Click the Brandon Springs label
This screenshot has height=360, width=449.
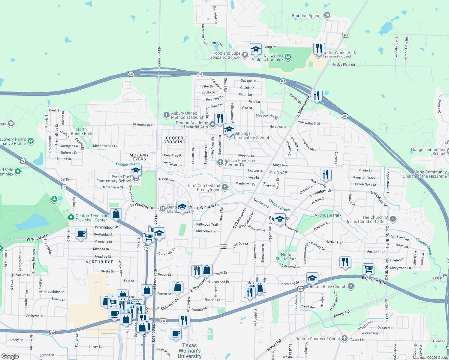point(307,16)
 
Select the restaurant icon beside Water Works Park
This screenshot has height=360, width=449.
point(319,49)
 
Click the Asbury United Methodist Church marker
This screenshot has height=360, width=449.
point(167,115)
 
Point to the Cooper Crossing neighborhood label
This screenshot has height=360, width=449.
point(174,140)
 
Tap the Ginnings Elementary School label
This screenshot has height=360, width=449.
point(252,136)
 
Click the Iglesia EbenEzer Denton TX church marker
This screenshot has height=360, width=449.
point(220,162)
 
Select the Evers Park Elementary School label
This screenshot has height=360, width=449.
point(114,179)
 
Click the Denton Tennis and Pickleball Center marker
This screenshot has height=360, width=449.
point(71,217)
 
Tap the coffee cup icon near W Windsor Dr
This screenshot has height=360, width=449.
point(81,233)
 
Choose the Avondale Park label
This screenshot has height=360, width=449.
point(328,215)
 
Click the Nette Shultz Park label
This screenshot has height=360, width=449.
point(286,256)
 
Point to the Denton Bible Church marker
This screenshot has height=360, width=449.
point(351,286)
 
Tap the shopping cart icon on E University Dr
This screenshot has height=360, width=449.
point(368,269)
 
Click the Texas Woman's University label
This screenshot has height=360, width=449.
point(190,351)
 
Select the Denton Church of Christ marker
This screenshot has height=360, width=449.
point(344,338)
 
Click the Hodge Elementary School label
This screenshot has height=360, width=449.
point(428,151)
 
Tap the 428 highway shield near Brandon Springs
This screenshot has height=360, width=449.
point(345,35)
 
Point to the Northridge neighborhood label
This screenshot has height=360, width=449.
point(99,262)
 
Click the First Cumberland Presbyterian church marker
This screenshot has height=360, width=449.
point(224,187)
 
